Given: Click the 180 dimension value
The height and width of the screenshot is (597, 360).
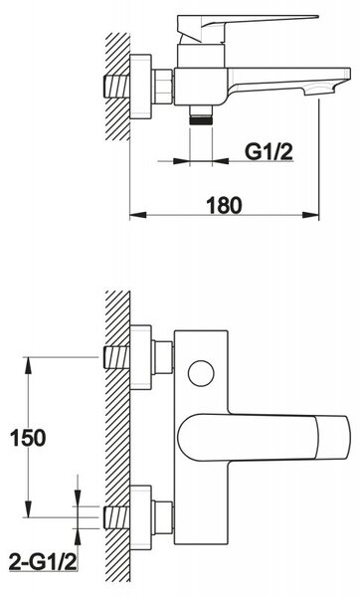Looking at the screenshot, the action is [x=224, y=205].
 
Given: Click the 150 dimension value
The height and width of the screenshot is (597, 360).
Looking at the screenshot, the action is [x=28, y=438].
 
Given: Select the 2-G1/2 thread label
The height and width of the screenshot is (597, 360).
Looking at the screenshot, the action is [x=43, y=563].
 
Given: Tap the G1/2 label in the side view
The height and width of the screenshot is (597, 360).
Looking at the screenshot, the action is [x=269, y=151].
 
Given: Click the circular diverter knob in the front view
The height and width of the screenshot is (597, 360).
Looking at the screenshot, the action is [x=201, y=373].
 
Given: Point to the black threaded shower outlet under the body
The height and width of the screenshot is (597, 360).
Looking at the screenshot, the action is [x=201, y=119].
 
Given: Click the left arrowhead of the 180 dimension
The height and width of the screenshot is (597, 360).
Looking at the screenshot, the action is [x=138, y=215].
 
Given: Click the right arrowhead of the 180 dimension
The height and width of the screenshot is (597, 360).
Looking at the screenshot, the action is [x=310, y=215].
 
